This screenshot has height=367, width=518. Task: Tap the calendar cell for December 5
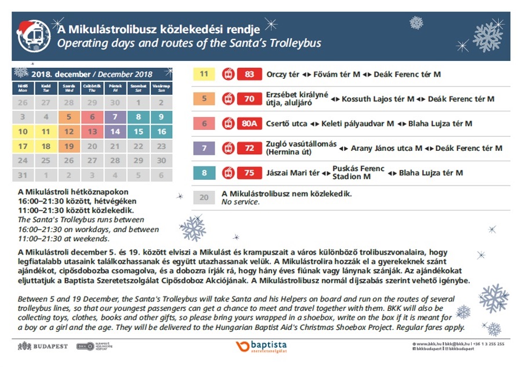tap(69, 117)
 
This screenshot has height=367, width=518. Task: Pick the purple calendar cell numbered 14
tap(115, 132)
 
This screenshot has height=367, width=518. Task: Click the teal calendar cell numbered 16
tap(161, 132)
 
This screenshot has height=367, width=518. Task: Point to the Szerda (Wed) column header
tap(69, 88)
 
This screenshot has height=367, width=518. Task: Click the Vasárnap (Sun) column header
tap(161, 88)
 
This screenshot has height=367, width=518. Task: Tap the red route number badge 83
tap(249, 75)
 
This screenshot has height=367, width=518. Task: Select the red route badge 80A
tap(249, 123)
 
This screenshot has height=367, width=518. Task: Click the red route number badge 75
tap(249, 173)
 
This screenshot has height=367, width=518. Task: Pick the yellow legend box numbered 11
tap(204, 75)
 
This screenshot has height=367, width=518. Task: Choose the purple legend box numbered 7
tap(204, 148)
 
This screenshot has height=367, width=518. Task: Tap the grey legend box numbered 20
tap(204, 197)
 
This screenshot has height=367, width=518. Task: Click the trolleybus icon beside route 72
tap(228, 148)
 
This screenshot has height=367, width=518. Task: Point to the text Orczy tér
tap(284, 75)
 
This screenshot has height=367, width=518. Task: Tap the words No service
tap(241, 202)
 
